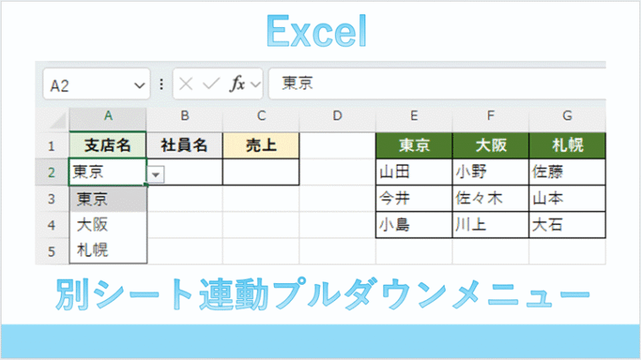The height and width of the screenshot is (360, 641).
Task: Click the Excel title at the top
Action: tap(316, 31)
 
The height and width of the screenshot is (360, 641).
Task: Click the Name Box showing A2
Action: tap(96, 85)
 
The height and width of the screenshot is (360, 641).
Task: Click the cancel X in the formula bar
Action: tap(186, 85)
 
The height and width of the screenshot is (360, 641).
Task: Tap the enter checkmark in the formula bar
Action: tap(211, 85)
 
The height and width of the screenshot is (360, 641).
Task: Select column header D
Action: tap(337, 116)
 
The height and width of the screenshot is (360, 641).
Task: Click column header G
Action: tap(567, 116)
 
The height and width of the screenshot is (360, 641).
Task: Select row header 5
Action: tap(52, 251)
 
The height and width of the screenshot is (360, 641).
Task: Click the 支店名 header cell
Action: tap(107, 145)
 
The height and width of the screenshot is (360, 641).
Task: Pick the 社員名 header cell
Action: tap(184, 145)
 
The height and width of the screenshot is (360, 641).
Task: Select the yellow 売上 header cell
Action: tap(261, 145)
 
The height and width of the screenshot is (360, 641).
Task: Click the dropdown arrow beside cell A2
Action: tap(156, 175)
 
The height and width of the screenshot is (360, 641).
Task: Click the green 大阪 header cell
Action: tap(490, 145)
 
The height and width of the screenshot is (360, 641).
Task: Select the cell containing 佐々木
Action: tap(490, 199)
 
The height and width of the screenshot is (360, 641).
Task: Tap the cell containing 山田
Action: tap(414, 172)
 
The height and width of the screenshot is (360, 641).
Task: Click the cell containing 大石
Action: tap(567, 225)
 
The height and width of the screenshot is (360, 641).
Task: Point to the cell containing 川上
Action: tap(490, 225)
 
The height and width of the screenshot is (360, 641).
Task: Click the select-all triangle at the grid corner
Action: tap(58, 121)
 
